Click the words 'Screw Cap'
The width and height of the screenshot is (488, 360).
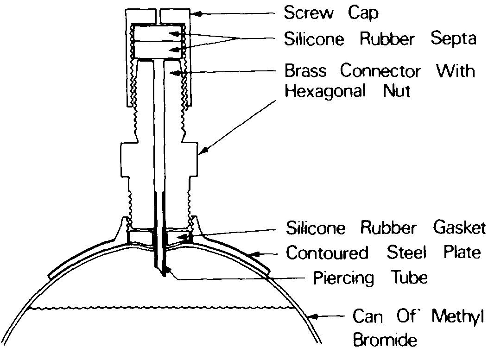pos(331,13)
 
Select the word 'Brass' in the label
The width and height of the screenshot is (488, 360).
pos(306,71)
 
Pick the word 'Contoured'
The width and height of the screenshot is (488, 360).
pos(327,253)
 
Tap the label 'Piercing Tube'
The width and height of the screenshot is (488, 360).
pos(370,278)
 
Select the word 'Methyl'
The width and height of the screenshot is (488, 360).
pos(458,317)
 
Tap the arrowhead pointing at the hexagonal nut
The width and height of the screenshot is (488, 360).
pos(200,152)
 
